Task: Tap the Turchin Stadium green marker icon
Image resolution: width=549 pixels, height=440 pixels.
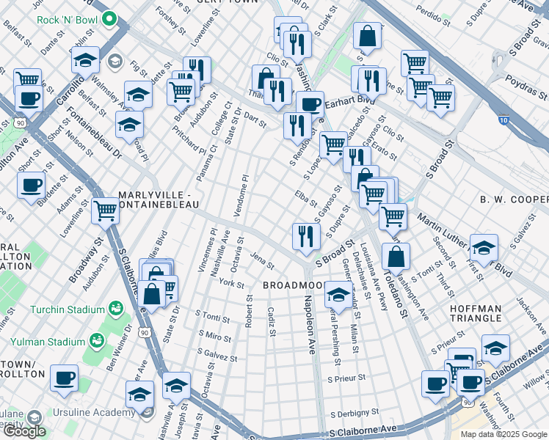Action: coord(115,307)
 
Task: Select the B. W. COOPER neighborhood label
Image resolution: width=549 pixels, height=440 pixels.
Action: coord(514,199)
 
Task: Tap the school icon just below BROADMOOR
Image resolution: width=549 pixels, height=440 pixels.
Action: coord(338,296)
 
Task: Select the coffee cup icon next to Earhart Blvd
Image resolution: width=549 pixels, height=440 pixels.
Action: coord(310,103)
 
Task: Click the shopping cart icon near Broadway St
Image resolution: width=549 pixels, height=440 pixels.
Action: coord(106,211)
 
